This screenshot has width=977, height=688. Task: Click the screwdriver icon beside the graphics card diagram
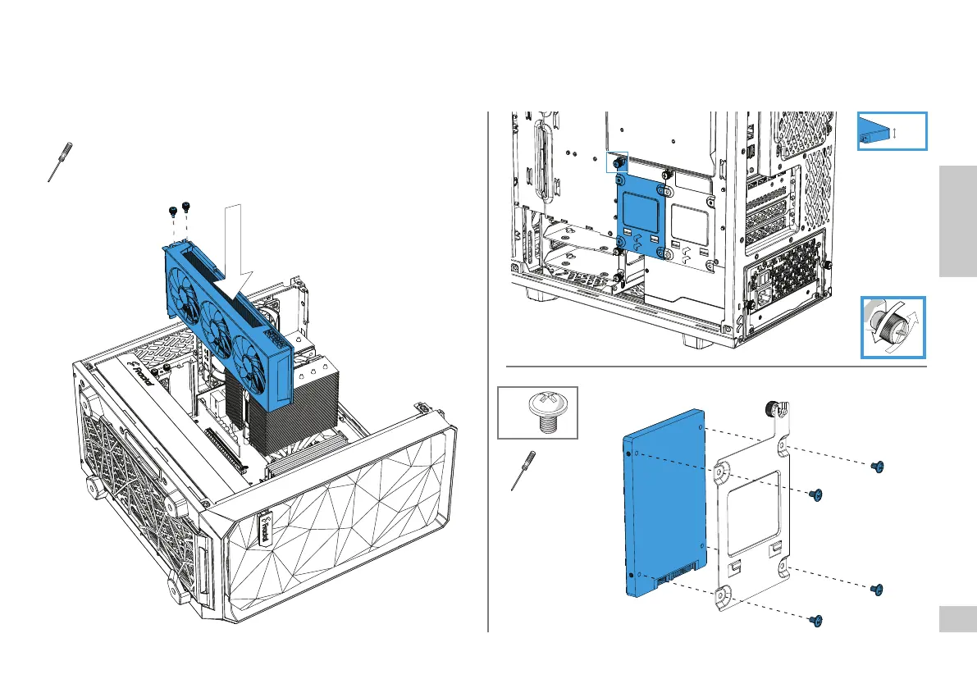pyautogui.click(x=58, y=162)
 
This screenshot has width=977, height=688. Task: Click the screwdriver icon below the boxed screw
pyautogui.click(x=521, y=471)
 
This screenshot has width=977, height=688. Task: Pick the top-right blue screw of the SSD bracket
pyautogui.click(x=877, y=467)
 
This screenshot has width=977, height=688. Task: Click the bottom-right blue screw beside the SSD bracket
pyautogui.click(x=876, y=589)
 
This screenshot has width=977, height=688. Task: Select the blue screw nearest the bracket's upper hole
pyautogui.click(x=815, y=494)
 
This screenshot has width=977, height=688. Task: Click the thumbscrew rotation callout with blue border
pyautogui.click(x=893, y=327)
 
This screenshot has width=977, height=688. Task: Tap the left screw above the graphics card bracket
pyautogui.click(x=173, y=211)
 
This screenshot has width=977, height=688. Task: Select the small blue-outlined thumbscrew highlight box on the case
pyautogui.click(x=616, y=162)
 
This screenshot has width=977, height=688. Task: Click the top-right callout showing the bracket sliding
pyautogui.click(x=892, y=131)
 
